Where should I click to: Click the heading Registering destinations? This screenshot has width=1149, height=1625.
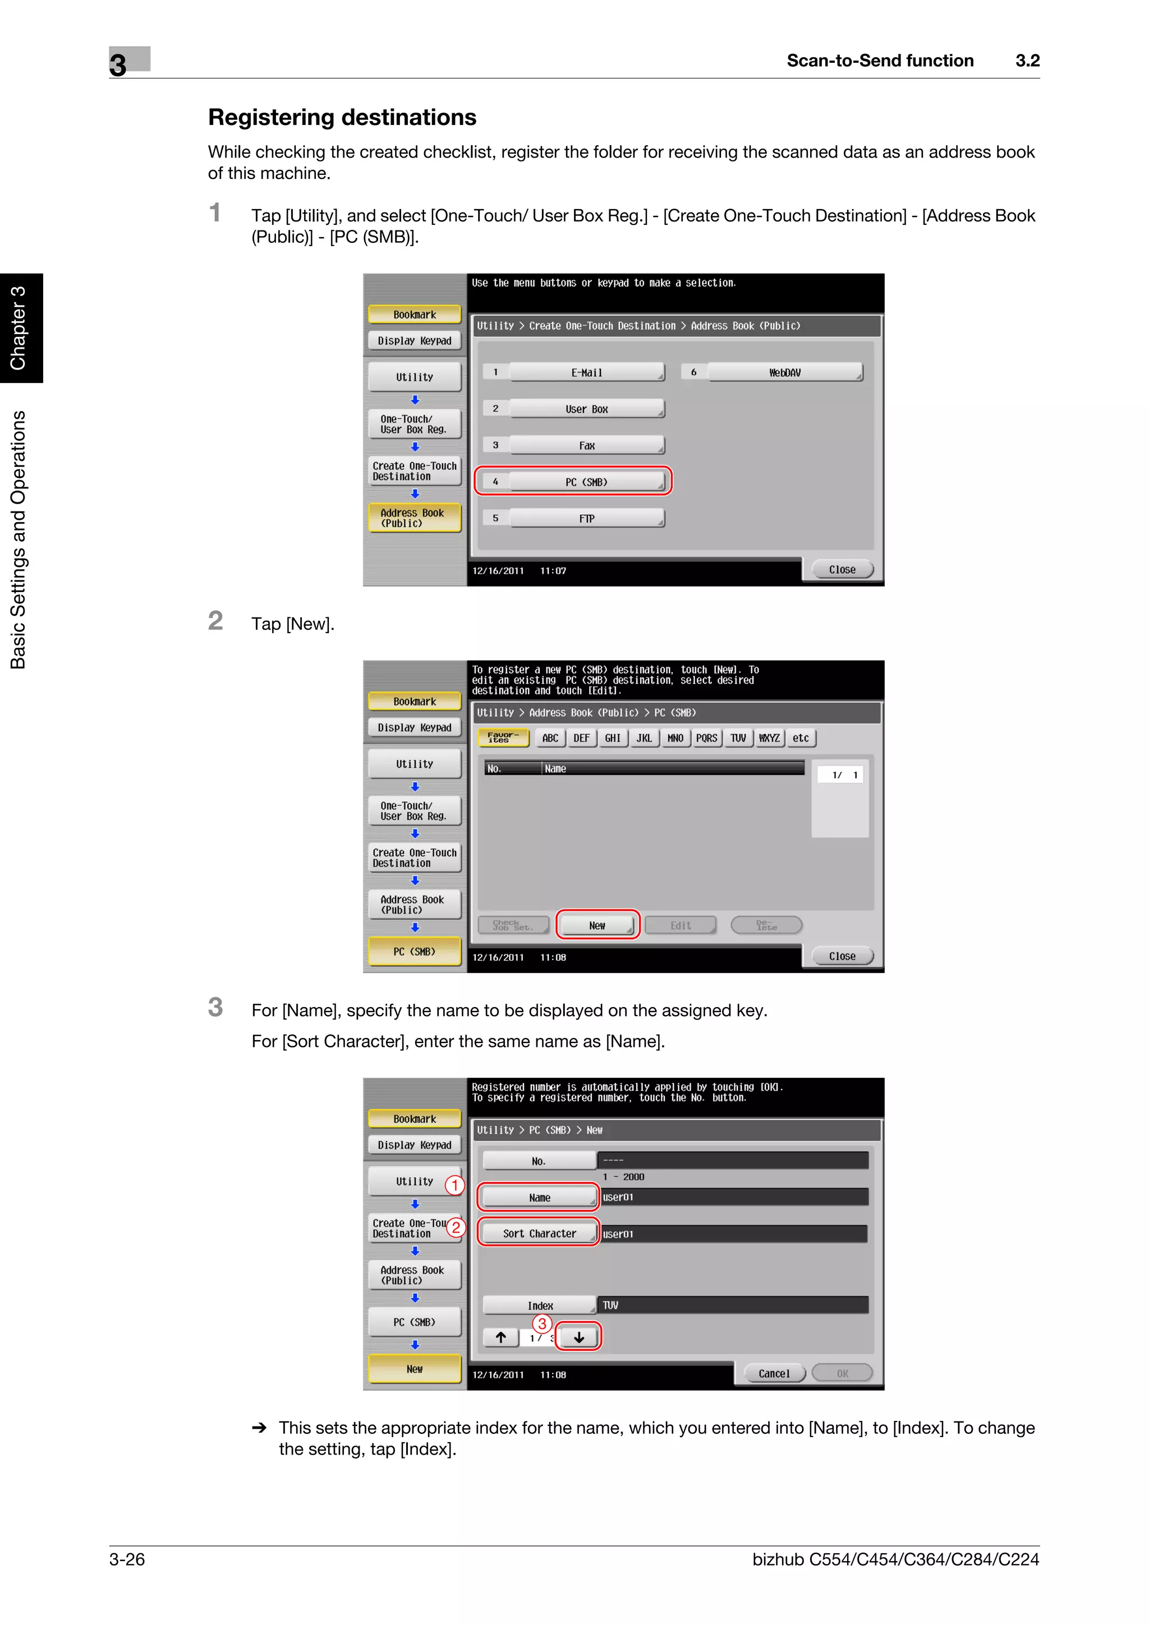click(342, 118)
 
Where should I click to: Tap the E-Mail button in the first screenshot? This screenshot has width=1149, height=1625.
click(586, 372)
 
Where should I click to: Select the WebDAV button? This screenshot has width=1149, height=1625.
click(784, 372)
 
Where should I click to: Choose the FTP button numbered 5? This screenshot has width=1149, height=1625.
click(586, 518)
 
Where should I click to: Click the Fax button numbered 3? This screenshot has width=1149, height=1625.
click(586, 445)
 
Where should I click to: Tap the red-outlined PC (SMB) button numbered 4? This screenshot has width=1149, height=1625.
click(586, 482)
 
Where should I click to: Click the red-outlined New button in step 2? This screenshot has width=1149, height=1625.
click(597, 925)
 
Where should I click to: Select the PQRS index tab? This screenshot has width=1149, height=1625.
click(706, 738)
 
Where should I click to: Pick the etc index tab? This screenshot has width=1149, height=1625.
click(801, 738)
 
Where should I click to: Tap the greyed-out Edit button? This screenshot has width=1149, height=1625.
click(681, 925)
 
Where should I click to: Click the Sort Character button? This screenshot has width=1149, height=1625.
click(540, 1233)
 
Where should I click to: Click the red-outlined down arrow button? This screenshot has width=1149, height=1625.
click(578, 1337)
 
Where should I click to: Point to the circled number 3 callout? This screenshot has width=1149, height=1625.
click(543, 1323)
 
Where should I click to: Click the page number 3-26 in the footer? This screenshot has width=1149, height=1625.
click(127, 1559)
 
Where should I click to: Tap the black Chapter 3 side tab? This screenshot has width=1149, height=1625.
click(19, 327)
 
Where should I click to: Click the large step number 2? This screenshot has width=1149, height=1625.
click(215, 621)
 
